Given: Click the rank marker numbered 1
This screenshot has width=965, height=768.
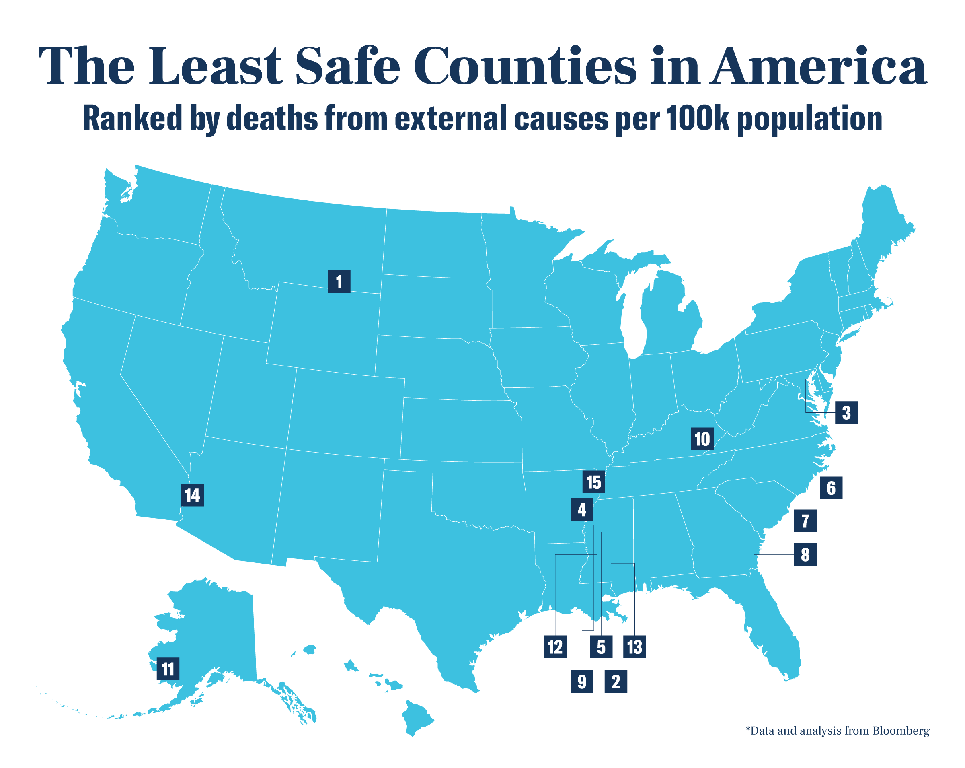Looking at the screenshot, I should pos(339,282).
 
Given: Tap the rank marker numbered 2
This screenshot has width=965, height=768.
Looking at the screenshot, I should pos(616,682).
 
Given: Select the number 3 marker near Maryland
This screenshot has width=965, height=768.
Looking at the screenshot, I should pos(846,412).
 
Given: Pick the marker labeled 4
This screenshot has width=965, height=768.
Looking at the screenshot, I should pos(582,510).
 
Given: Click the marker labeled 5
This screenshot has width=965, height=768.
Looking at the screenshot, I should pos(601,647).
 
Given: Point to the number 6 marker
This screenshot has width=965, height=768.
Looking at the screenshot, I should pos(831,488).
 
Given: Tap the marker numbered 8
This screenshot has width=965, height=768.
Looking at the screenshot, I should pos(805,554).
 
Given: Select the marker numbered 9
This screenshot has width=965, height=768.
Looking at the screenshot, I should pos(582,682).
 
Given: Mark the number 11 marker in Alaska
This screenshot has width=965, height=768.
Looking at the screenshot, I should pos(168,669).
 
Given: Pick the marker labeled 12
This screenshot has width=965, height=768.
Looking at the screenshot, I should pos(555,647).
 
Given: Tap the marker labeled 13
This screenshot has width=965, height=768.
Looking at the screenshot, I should pos(634,647).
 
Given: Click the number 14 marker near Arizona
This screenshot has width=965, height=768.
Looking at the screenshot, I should pos(193,495).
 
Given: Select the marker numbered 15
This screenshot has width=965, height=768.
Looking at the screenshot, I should pos(594,482).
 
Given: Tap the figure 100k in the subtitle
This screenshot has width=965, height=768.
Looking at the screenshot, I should pos(697,119).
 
